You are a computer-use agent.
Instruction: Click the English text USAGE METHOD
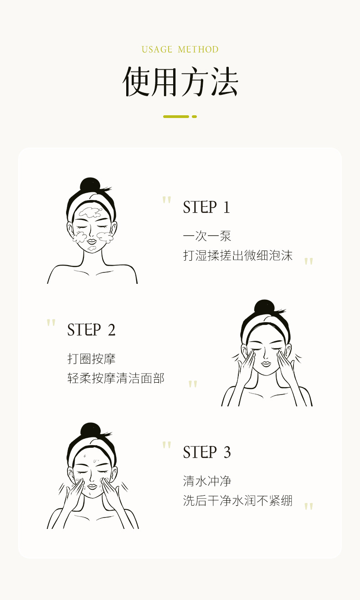(180, 50)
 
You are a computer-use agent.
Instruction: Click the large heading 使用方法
(180, 82)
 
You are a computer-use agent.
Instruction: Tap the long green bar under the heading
(176, 117)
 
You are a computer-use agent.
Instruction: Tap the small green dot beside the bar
(194, 117)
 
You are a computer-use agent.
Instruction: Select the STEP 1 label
(206, 207)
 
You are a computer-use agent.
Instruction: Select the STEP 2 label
(91, 330)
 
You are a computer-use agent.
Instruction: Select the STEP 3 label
(207, 452)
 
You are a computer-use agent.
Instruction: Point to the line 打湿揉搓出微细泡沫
(237, 255)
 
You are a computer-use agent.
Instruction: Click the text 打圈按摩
(92, 359)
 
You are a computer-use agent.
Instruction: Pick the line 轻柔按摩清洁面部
(116, 378)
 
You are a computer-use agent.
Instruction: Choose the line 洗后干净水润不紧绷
(237, 501)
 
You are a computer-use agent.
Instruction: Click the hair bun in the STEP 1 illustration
(90, 185)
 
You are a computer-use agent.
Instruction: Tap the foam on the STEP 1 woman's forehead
(90, 212)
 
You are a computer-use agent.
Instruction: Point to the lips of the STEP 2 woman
(266, 364)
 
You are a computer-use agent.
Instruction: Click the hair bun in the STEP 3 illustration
(90, 430)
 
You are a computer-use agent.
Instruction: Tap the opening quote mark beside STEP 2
(51, 323)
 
